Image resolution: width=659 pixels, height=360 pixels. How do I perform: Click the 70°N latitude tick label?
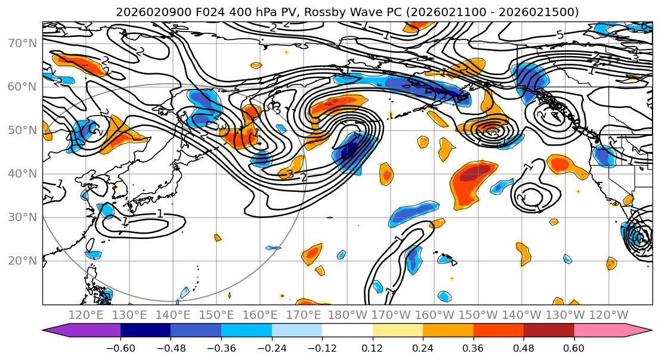[x=23, y=44]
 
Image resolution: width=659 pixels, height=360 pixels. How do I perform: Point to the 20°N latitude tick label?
[x=23, y=261]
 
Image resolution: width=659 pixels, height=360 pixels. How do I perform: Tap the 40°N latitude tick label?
[x=23, y=174]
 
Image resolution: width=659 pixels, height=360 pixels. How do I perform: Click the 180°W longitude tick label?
[x=348, y=315]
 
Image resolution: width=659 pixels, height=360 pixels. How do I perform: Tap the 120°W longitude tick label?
[x=609, y=315]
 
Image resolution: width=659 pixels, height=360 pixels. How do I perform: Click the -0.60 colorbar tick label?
[x=120, y=347]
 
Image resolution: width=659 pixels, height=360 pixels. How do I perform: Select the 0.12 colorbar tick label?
[x=372, y=347]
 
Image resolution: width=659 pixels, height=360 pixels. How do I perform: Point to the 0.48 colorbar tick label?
[x=524, y=347]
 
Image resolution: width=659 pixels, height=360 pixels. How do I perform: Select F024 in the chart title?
[x=187, y=12]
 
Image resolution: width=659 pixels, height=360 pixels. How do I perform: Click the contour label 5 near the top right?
[x=559, y=35]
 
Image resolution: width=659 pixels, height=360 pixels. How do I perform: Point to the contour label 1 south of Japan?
[x=160, y=213]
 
